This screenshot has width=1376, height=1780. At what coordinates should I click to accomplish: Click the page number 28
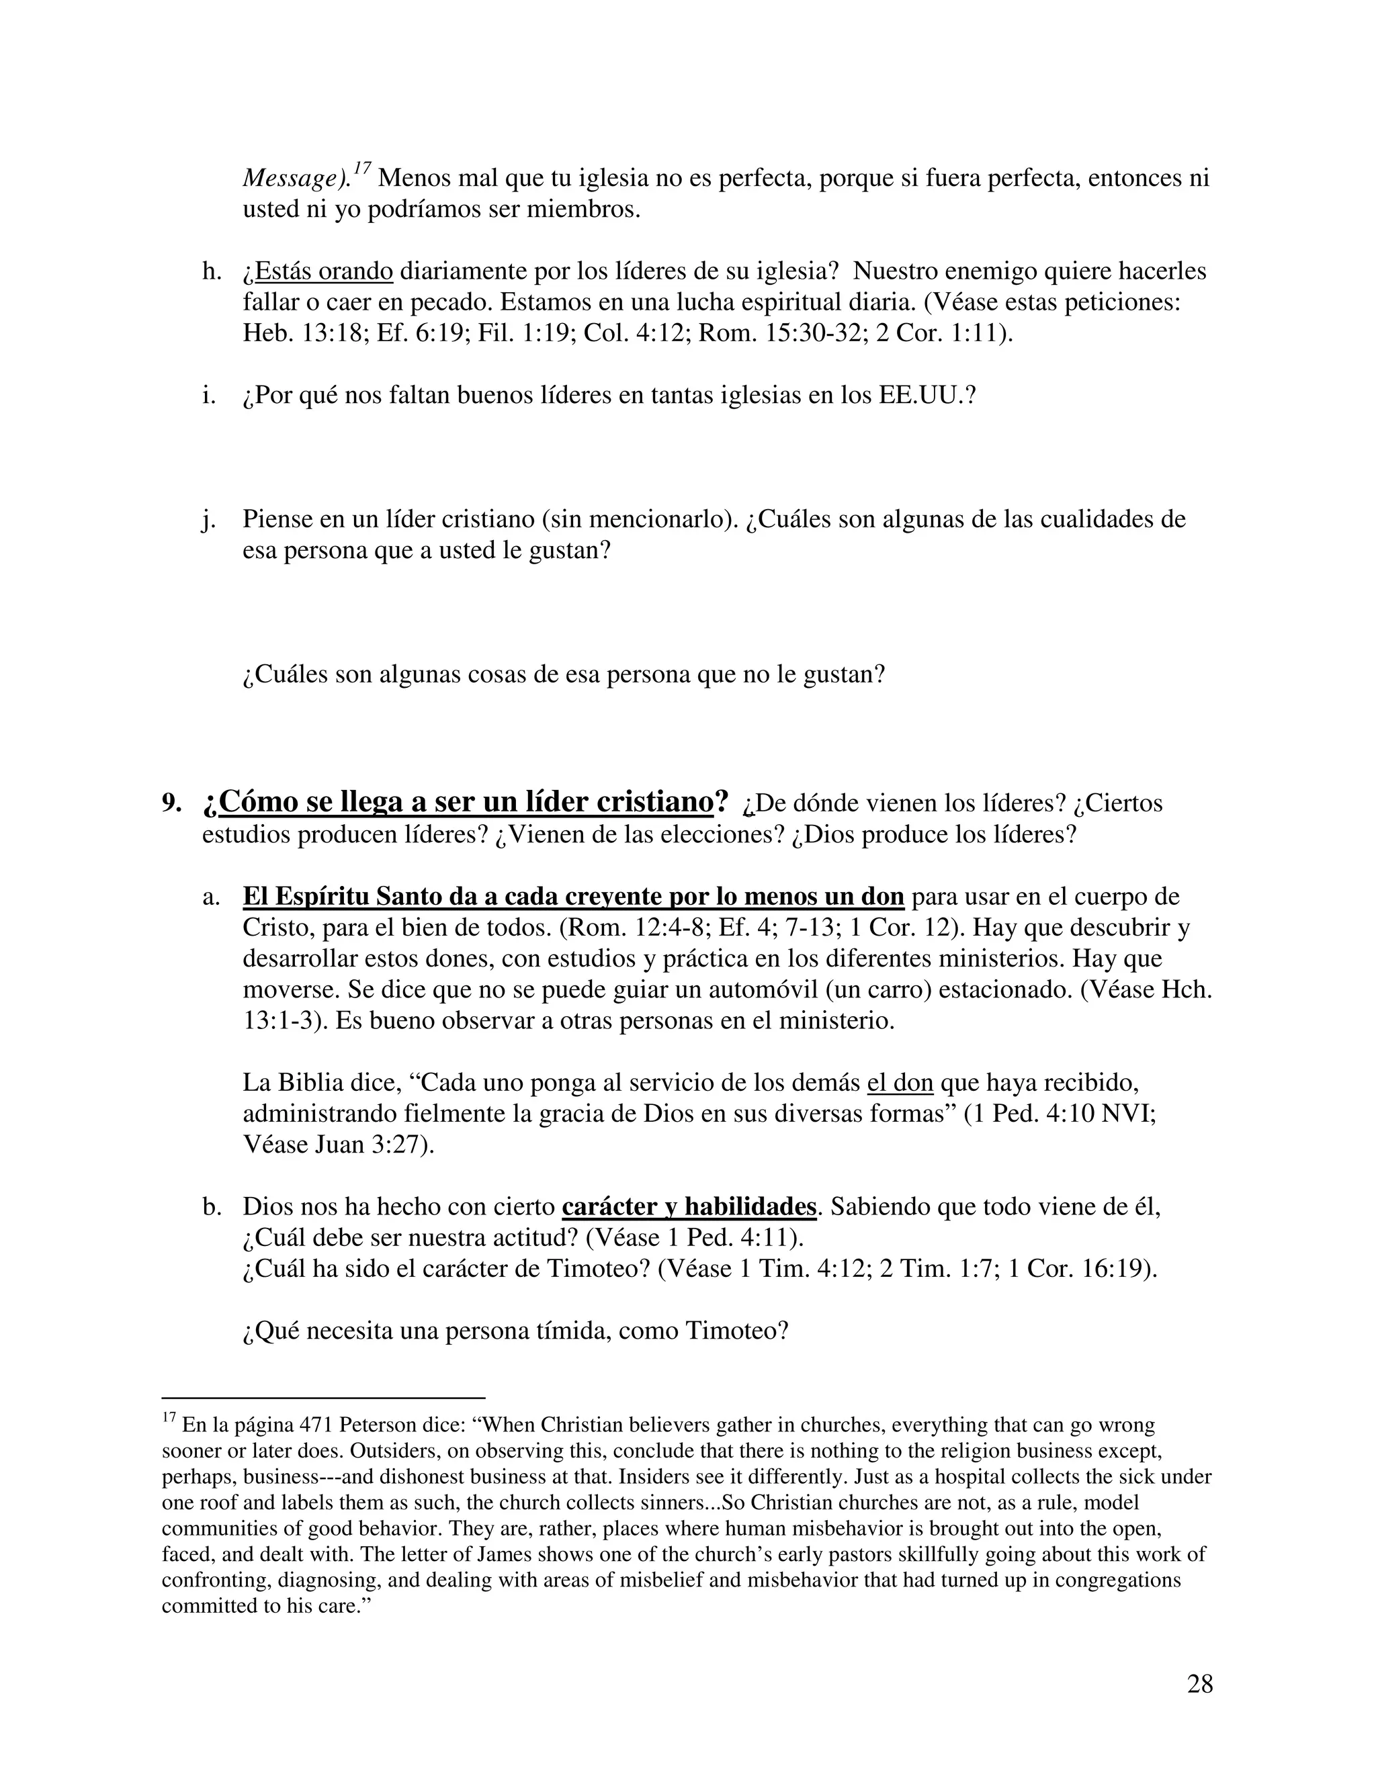tap(1199, 1683)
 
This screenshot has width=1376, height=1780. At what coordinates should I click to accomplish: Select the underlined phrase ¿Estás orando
tap(318, 271)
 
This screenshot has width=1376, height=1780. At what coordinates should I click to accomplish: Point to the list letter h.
tap(211, 271)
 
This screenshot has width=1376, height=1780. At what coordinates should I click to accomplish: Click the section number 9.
tap(171, 803)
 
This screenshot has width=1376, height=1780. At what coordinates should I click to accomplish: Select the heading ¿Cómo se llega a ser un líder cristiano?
tap(465, 802)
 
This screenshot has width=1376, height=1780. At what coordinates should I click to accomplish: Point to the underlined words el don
tap(900, 1083)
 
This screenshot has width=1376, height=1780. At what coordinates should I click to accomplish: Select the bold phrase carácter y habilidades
tap(689, 1207)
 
